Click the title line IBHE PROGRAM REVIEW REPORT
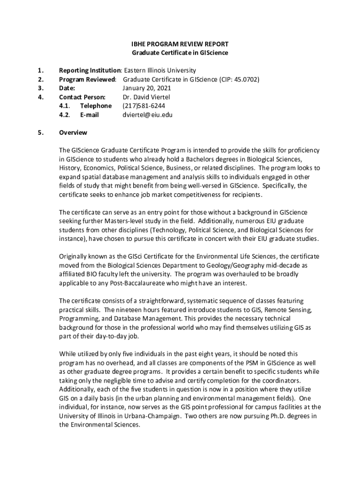click(x=180, y=44)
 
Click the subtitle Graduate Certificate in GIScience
click(x=180, y=53)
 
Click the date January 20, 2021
click(x=146, y=88)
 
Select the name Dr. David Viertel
click(x=146, y=97)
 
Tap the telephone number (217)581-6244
click(x=144, y=106)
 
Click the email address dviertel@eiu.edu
click(x=147, y=115)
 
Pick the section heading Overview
click(x=73, y=132)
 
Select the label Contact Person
click(x=82, y=97)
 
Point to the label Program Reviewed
click(x=87, y=80)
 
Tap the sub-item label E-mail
click(x=89, y=115)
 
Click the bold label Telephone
click(x=96, y=106)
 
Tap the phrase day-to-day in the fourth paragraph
click(x=104, y=336)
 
